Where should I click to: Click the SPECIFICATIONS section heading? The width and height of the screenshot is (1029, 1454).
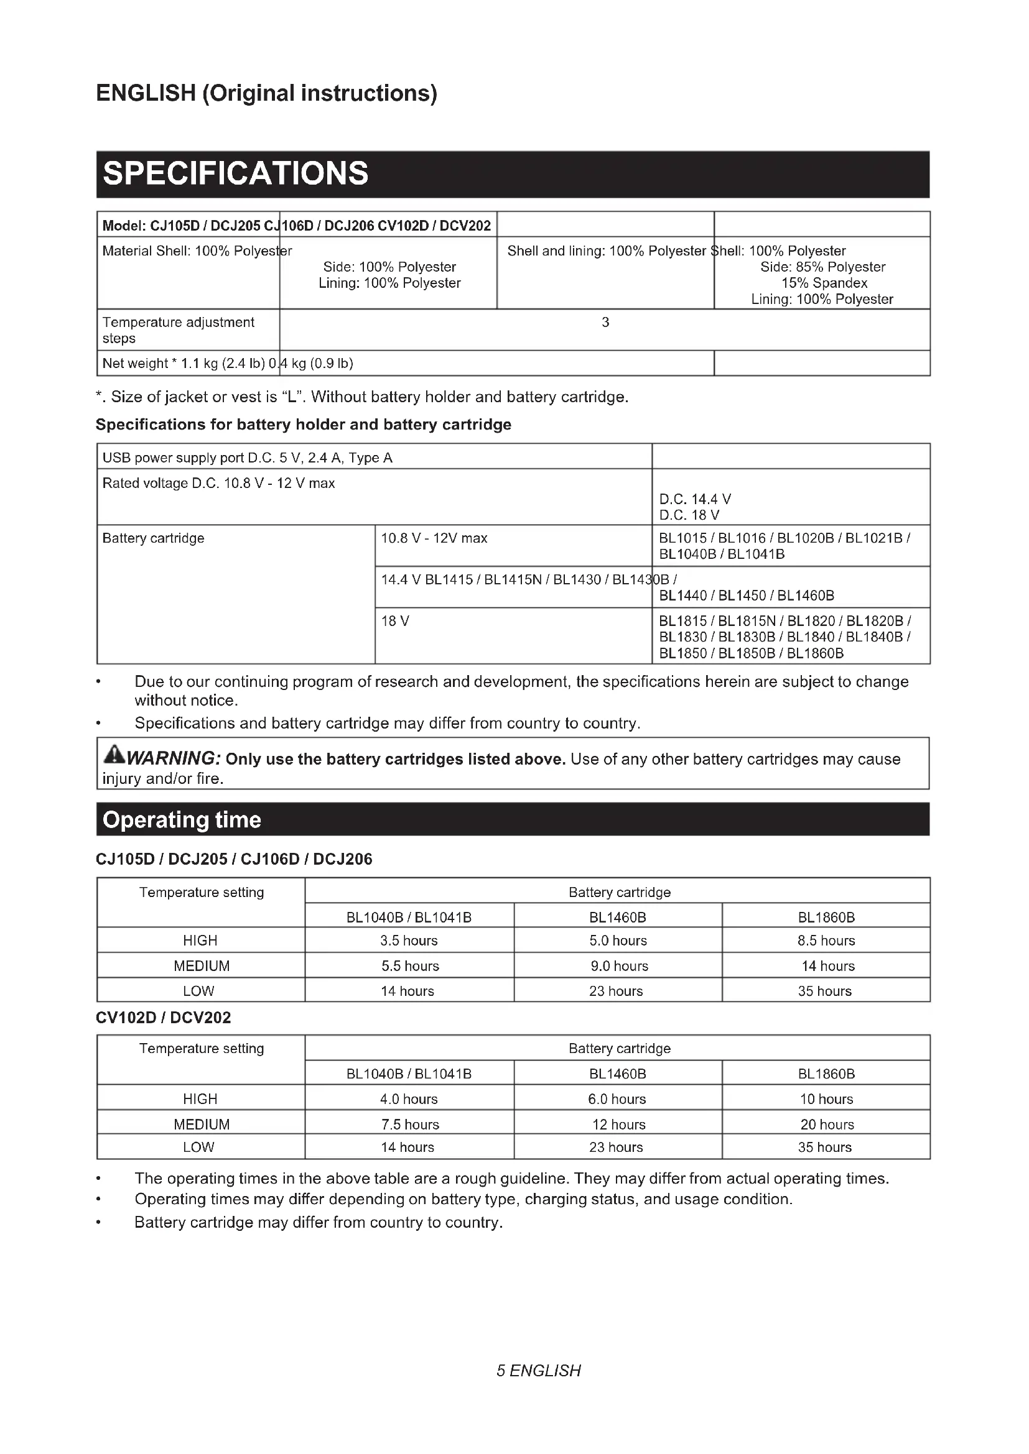click(235, 173)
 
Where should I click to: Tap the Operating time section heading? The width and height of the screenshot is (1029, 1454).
click(182, 820)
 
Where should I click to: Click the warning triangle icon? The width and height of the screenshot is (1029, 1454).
click(114, 755)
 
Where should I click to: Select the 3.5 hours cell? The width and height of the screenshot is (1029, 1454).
click(409, 941)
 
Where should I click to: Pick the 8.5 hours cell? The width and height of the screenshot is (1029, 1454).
click(826, 941)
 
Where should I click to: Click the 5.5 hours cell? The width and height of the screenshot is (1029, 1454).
click(409, 966)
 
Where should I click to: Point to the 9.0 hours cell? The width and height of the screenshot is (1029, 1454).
click(618, 966)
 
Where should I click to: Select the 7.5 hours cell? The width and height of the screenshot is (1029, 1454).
click(409, 1124)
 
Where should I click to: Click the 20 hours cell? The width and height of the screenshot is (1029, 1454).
click(826, 1124)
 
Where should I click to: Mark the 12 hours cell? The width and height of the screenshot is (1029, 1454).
click(618, 1124)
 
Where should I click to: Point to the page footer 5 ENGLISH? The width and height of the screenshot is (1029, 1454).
click(539, 1371)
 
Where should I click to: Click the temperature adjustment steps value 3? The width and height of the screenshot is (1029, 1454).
click(605, 323)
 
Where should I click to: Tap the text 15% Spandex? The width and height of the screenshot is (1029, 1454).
click(824, 283)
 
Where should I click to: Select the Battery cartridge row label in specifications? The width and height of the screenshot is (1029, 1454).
click(153, 538)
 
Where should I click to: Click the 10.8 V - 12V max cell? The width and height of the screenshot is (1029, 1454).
click(434, 538)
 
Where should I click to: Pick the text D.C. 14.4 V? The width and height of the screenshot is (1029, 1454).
click(695, 499)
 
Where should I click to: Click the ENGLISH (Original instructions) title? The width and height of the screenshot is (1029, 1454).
click(266, 93)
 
